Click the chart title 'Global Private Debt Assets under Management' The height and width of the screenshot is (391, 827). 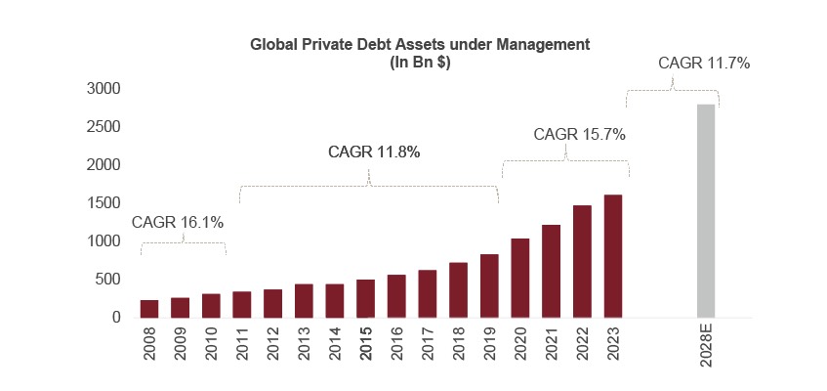coord(421,44)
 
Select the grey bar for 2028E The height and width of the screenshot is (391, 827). coord(706,210)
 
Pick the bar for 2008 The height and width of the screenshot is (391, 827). coord(149,308)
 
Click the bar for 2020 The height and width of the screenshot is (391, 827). coord(520,278)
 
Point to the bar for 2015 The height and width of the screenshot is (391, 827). coord(365,298)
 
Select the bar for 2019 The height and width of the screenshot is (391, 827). coord(489,285)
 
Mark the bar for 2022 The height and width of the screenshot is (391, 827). coord(582,261)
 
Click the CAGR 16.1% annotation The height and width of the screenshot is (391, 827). coord(178,222)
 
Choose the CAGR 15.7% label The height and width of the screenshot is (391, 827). coord(579,134)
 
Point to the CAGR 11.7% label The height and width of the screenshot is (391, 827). coord(704,64)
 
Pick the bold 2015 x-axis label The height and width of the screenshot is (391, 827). coord(366,345)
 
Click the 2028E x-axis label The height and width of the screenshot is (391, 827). coord(707,349)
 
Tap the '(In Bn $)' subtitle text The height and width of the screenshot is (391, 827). coord(421,61)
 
